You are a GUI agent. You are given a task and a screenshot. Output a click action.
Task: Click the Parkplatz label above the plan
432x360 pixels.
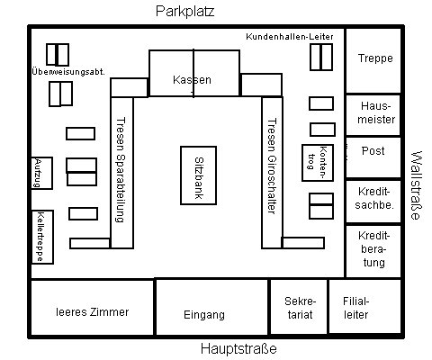coord(184,12)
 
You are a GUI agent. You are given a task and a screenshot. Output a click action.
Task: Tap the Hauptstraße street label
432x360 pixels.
coord(238,349)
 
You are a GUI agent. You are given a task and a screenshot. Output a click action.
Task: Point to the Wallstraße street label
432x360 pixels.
coord(417,185)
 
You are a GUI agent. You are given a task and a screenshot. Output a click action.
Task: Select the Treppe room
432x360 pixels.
coord(373,61)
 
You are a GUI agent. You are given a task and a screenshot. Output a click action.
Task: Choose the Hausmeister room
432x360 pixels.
coord(373,115)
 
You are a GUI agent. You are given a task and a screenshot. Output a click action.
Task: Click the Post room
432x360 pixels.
coord(373,157)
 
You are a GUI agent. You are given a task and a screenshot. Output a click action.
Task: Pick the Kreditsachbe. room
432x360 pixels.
coord(373,202)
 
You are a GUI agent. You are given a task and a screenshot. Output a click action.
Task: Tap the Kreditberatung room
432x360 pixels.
coord(373,251)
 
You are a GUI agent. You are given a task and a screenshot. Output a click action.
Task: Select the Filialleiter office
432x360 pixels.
coord(364,306)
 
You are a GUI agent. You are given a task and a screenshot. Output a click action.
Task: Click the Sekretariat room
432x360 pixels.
coord(299,306)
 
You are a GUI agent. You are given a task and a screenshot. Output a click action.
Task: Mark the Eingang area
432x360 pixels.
coord(211,307)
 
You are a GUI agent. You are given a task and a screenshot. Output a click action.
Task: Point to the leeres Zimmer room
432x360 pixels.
coord(92,308)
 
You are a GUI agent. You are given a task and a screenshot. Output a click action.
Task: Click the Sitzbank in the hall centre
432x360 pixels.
coord(198,175)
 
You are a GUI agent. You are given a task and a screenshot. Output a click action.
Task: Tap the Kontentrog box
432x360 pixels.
coord(318,163)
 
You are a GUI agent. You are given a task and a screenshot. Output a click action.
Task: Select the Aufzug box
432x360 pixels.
coord(41,173)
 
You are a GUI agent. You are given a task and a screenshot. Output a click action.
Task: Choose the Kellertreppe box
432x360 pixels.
coord(42,237)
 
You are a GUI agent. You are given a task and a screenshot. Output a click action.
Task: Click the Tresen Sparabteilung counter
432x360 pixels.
coord(121,173)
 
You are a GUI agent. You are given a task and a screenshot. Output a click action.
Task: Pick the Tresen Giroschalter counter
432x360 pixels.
coord(272,173)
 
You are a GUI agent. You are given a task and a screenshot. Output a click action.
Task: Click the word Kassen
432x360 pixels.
coord(192,80)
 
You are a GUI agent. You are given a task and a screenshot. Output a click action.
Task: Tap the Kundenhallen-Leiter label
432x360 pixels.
coord(290,37)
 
